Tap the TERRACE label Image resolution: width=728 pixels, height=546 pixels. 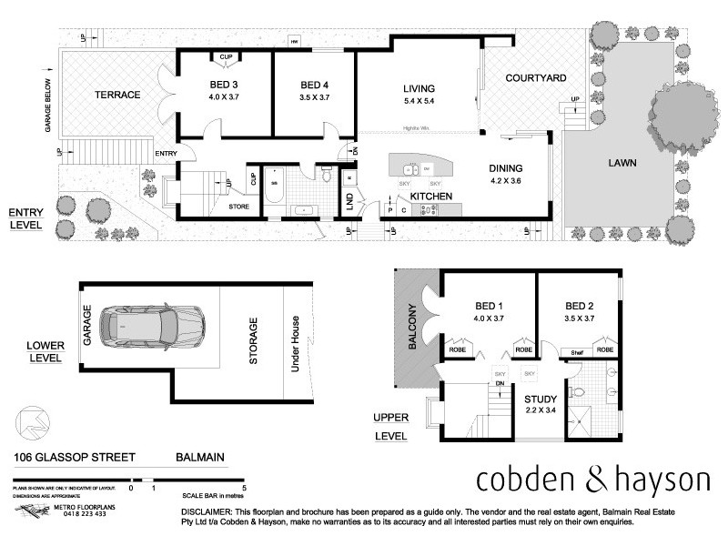point(117,95)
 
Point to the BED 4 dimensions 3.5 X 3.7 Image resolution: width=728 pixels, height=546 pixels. point(313,97)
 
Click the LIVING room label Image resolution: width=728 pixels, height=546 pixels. point(420,88)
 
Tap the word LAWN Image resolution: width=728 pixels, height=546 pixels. point(623,164)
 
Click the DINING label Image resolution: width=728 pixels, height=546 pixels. point(505,168)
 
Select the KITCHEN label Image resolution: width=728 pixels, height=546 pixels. point(432,196)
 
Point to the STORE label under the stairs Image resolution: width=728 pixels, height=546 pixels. point(239,207)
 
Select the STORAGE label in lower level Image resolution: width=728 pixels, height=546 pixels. point(254,341)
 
